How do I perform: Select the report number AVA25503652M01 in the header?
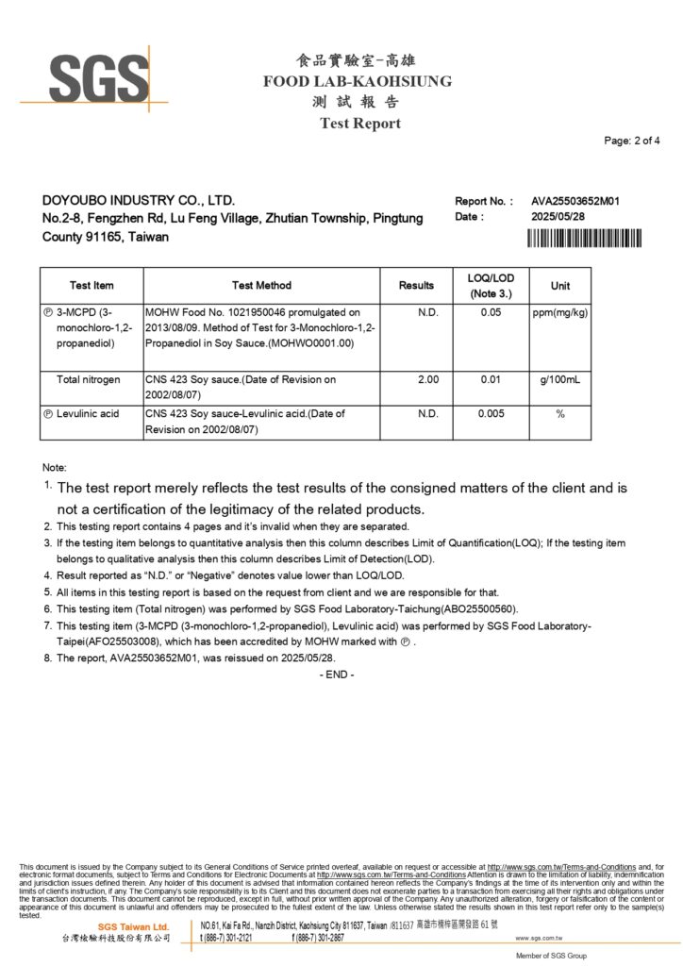[x=575, y=201]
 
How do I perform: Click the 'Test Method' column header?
[x=261, y=285]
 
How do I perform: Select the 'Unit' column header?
[x=560, y=285]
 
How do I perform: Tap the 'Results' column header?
[x=416, y=285]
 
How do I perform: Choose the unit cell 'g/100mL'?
[x=560, y=379]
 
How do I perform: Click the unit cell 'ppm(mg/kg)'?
[x=560, y=312]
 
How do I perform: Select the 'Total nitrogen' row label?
[x=89, y=379]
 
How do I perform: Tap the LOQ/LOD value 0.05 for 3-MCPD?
[x=491, y=312]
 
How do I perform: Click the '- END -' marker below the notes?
[x=337, y=675]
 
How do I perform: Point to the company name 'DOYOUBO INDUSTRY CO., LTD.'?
[x=139, y=201]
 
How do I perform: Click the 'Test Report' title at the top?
[x=359, y=124]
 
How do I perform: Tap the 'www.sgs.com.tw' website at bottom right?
[x=539, y=939]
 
